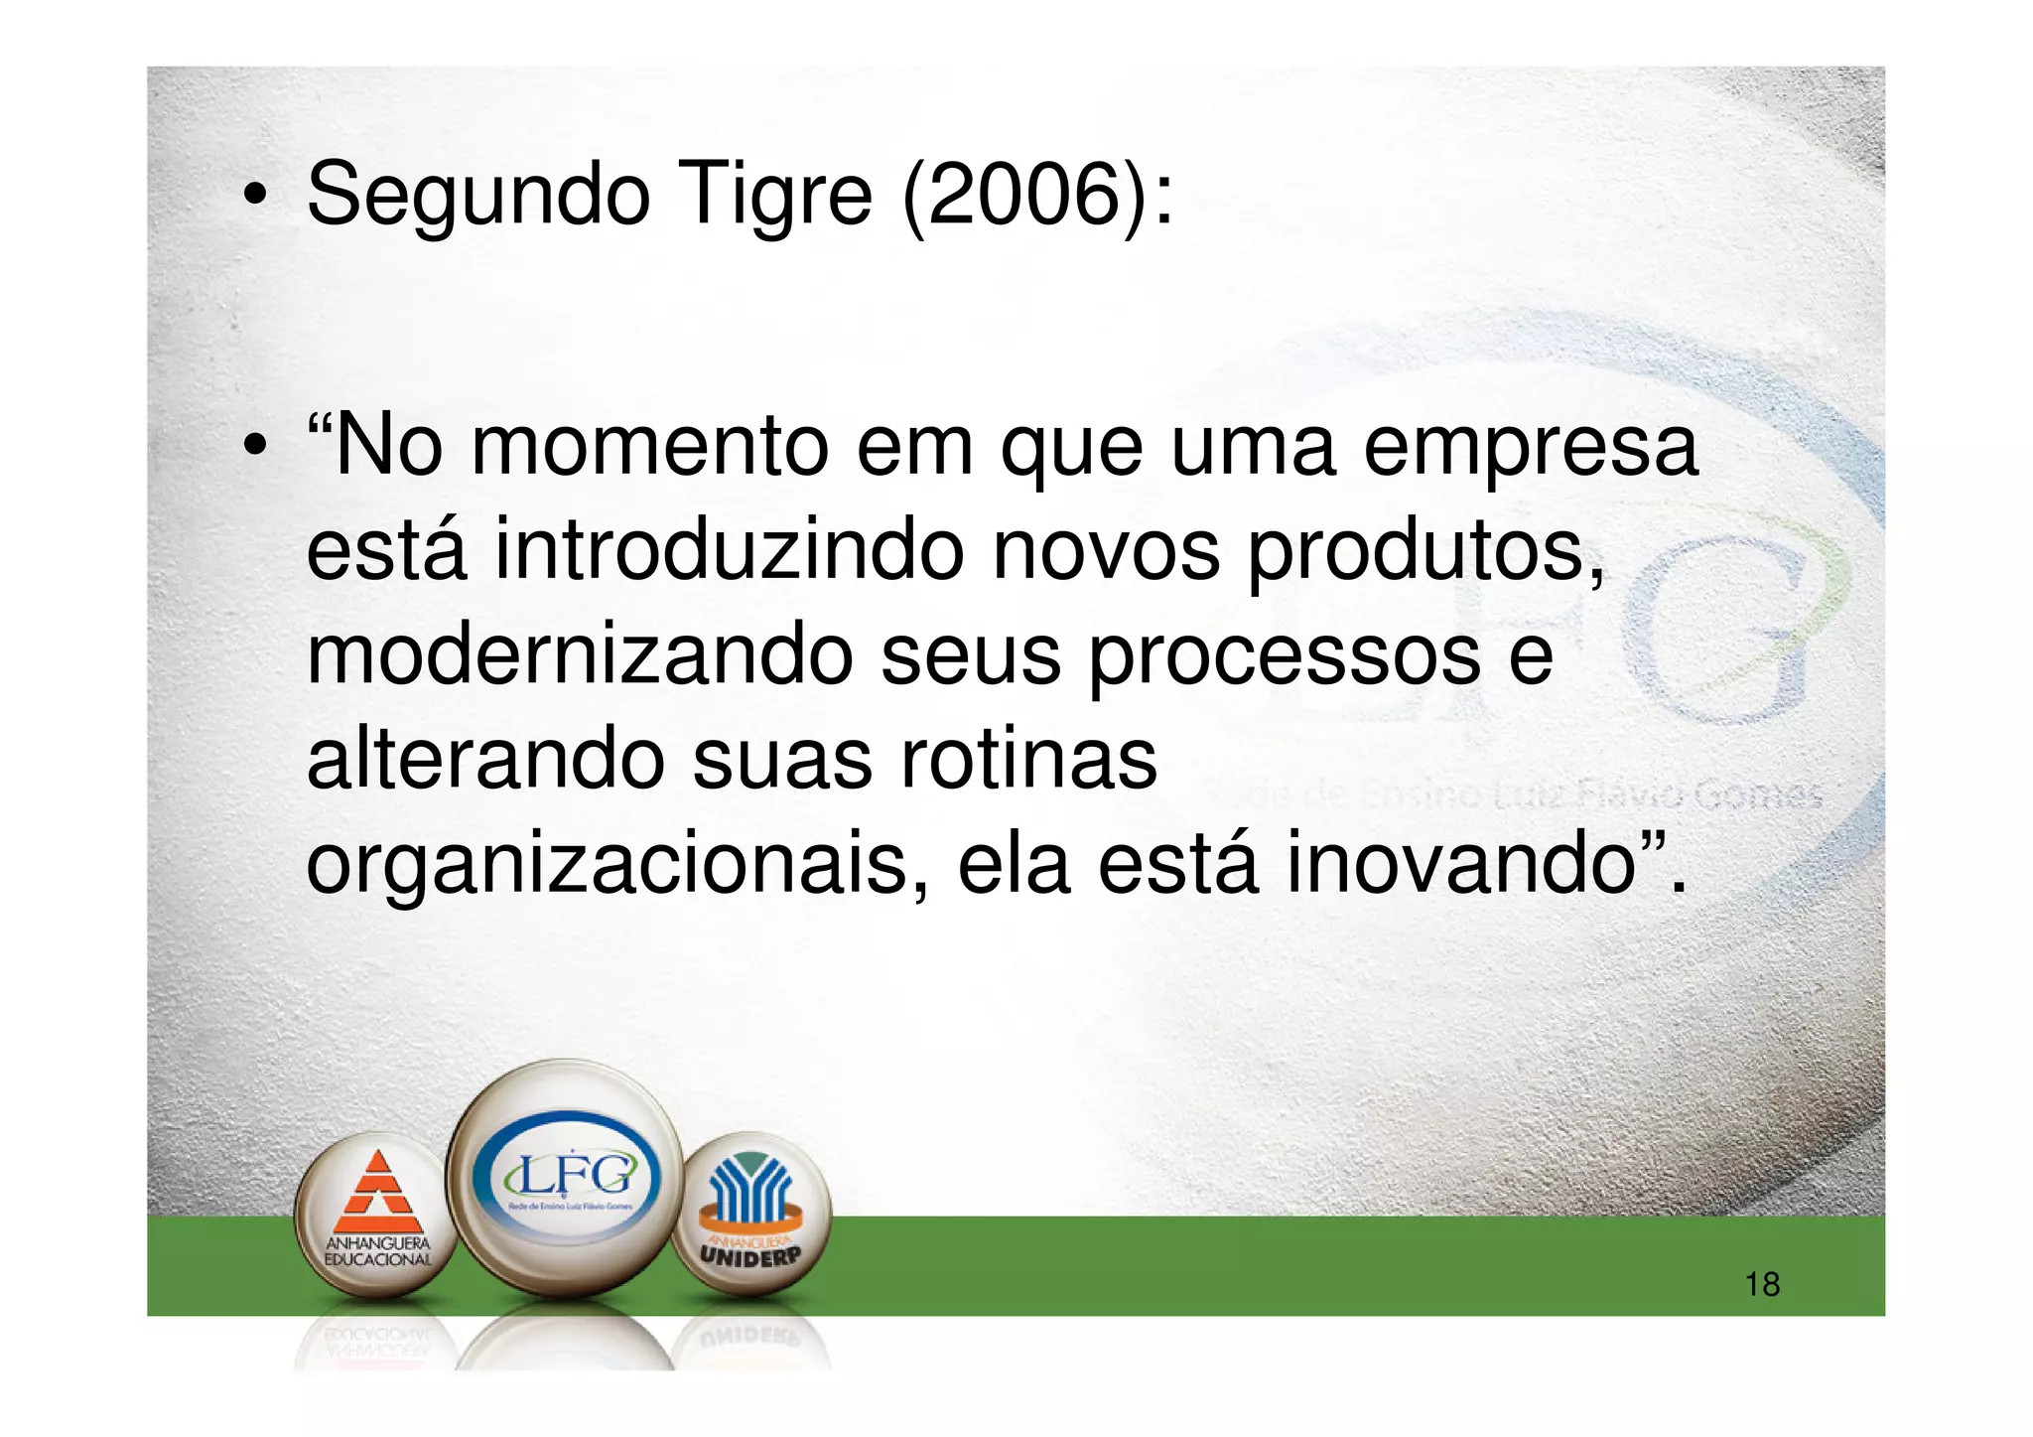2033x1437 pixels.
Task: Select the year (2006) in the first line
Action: pyautogui.click(x=1022, y=197)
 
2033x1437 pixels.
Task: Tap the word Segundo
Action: pyautogui.click(x=478, y=197)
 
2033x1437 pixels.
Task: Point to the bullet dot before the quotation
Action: pyautogui.click(x=255, y=448)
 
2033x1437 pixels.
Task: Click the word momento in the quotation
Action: pyautogui.click(x=649, y=448)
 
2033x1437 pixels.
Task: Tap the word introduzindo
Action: pyautogui.click(x=729, y=552)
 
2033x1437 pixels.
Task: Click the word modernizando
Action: pyautogui.click(x=580, y=657)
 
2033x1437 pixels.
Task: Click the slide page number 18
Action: pyautogui.click(x=1762, y=1285)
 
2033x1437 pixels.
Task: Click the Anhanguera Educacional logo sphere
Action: pyautogui.click(x=378, y=1216)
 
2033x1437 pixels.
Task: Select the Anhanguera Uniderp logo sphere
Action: pyautogui.click(x=750, y=1214)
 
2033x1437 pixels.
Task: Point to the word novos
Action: pyautogui.click(x=1106, y=552)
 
